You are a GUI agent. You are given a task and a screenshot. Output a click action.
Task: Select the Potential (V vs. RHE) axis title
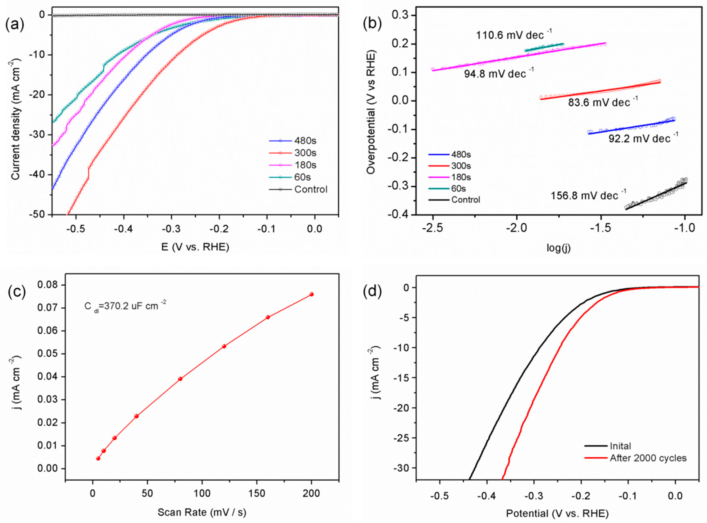pyautogui.click(x=557, y=513)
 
